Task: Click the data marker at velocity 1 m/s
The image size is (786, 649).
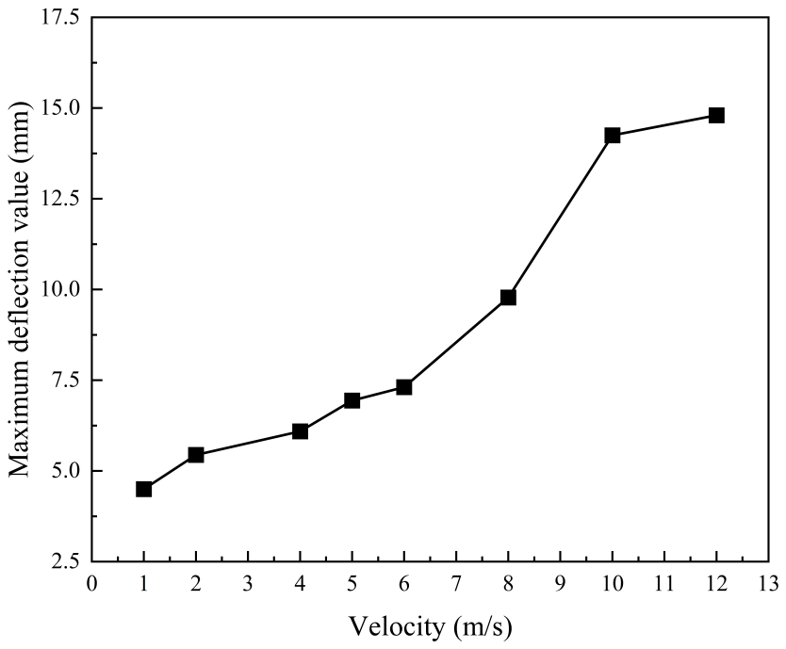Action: [x=144, y=489]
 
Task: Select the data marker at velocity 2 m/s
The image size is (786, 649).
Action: [x=196, y=455]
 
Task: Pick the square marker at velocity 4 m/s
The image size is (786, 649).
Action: [x=300, y=431]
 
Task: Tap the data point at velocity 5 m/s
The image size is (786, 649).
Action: [x=352, y=400]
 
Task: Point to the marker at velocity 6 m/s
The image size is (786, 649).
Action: [x=404, y=387]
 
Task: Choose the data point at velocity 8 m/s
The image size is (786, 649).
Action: [x=508, y=298]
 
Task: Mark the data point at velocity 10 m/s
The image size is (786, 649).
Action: [x=613, y=136]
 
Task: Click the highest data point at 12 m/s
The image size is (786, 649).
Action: [x=716, y=116]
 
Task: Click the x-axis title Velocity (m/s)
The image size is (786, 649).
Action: [x=432, y=625]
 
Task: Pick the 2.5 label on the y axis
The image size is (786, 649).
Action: [x=66, y=561]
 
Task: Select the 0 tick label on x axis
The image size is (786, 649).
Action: [x=92, y=583]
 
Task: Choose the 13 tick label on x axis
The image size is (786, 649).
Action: [x=768, y=583]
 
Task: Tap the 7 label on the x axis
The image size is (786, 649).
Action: [x=456, y=583]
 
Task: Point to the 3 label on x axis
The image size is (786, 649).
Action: [x=248, y=583]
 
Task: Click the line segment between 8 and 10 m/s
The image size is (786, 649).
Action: [x=561, y=217]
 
